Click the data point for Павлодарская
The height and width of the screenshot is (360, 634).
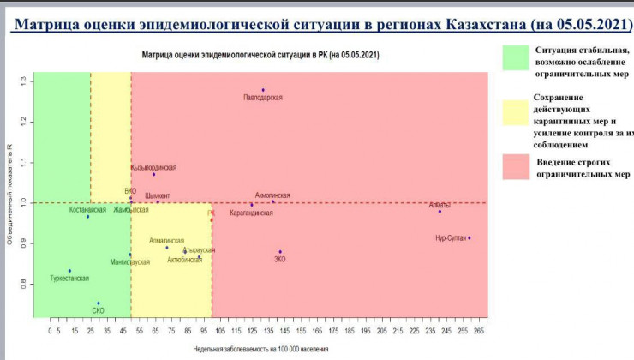coord(263,90)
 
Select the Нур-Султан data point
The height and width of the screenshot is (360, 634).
coord(470,237)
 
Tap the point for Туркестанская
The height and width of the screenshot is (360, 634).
coord(70,271)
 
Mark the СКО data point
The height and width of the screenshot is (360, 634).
coord(99,303)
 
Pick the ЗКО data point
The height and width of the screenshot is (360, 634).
coord(280,252)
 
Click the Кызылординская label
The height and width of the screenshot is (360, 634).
coord(153,168)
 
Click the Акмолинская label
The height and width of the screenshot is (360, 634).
coord(272,196)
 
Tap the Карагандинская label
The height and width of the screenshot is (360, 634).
coord(252,213)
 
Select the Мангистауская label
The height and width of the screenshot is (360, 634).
coord(129,261)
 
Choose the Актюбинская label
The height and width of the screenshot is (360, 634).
coord(185,259)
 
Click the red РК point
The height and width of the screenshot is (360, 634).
coord(212,220)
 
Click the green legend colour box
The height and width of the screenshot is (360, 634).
coord(514,58)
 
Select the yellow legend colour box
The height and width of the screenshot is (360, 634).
coord(514,112)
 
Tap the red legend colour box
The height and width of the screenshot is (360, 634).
coord(514,166)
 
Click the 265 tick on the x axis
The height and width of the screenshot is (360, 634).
coord(479,330)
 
